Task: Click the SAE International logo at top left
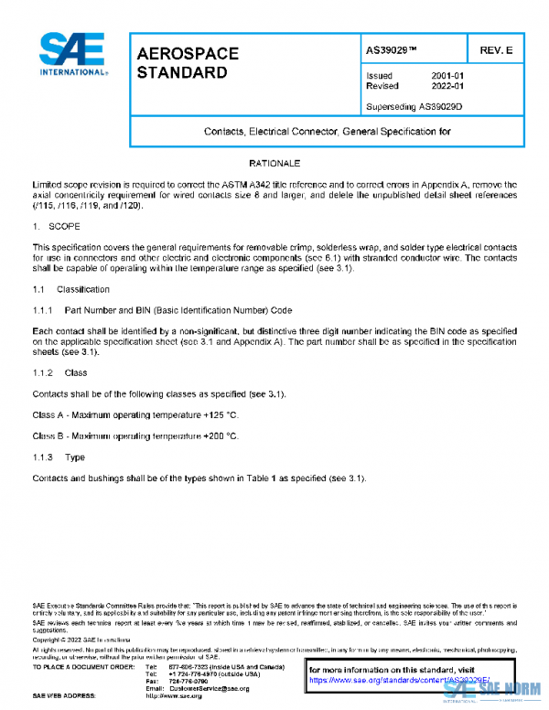72,54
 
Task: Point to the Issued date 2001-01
447,75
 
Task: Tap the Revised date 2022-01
447,86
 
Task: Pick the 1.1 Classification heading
70,289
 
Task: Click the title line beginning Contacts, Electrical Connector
327,132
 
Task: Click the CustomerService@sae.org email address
210,688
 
